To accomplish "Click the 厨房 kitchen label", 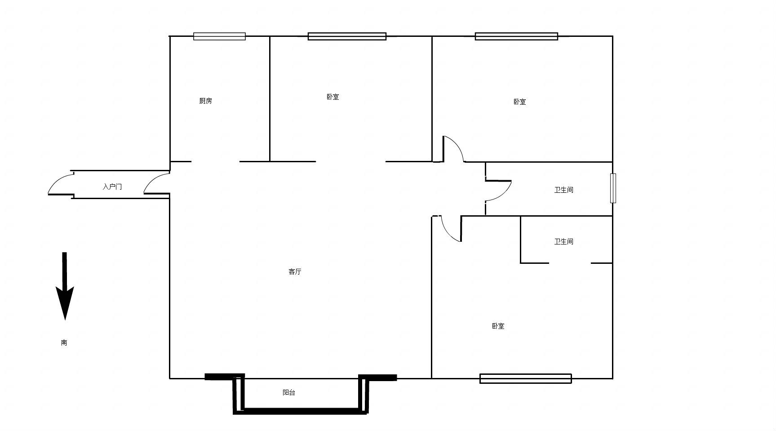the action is click(x=205, y=101).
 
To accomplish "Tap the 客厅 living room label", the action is click(x=295, y=271).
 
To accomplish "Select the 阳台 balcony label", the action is click(x=289, y=392).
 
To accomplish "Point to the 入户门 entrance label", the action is click(x=112, y=187).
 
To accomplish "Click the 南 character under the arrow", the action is click(x=64, y=342).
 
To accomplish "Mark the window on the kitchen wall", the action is click(x=219, y=36).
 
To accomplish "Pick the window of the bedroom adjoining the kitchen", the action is click(x=347, y=36).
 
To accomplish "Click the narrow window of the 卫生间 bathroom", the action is click(x=613, y=188).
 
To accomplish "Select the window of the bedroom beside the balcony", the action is click(x=526, y=378).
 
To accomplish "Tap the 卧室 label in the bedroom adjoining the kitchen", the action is click(x=333, y=97).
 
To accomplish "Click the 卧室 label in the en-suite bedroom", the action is click(x=498, y=326).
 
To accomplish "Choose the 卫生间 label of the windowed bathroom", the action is click(x=563, y=190).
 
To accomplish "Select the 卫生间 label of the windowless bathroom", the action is click(x=563, y=241).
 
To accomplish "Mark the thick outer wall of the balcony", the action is click(x=300, y=411).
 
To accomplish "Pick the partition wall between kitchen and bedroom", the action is click(x=270, y=99).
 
